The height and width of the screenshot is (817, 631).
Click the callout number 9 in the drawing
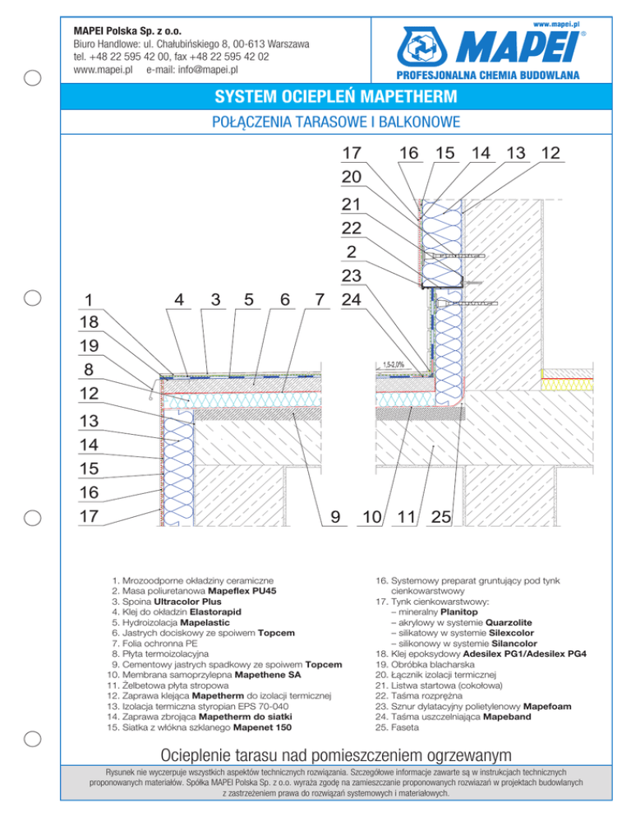pyautogui.click(x=335, y=517)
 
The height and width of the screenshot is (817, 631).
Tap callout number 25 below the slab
pyautogui.click(x=442, y=517)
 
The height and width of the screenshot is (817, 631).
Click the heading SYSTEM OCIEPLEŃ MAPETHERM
pyautogui.click(x=315, y=98)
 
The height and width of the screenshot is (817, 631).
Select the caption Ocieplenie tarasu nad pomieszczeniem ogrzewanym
pyautogui.click(x=315, y=754)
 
